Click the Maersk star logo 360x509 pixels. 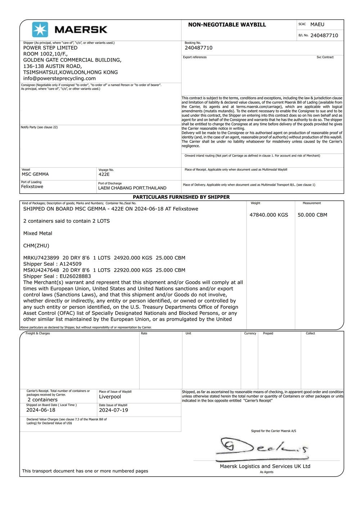pyautogui.click(x=40, y=30)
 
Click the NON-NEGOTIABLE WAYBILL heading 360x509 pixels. pyautogui.click(x=227, y=25)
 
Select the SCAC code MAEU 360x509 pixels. pyautogui.click(x=317, y=24)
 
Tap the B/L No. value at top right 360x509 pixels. pyautogui.click(x=324, y=35)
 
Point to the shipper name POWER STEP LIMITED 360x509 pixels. pyautogui.click(x=50, y=48)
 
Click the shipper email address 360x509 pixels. pyautogui.click(x=59, y=78)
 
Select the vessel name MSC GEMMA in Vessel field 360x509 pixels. pyautogui.click(x=35, y=174)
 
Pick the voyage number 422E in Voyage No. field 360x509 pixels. pyautogui.click(x=104, y=174)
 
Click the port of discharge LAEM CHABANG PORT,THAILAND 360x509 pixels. pyautogui.click(x=132, y=188)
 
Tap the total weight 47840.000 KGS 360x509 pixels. pyautogui.click(x=269, y=215)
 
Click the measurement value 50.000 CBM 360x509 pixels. pyautogui.click(x=312, y=215)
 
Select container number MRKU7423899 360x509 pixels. pyautogui.click(x=41, y=258)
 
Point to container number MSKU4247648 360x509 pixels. pyautogui.click(x=41, y=270)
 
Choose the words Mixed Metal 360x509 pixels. pyautogui.click(x=37, y=233)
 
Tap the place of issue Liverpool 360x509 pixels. pyautogui.click(x=110, y=397)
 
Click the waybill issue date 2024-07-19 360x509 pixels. pyautogui.click(x=113, y=410)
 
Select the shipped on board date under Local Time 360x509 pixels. pyautogui.click(x=41, y=410)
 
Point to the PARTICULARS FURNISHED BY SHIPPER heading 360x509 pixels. pyautogui.click(x=181, y=197)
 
